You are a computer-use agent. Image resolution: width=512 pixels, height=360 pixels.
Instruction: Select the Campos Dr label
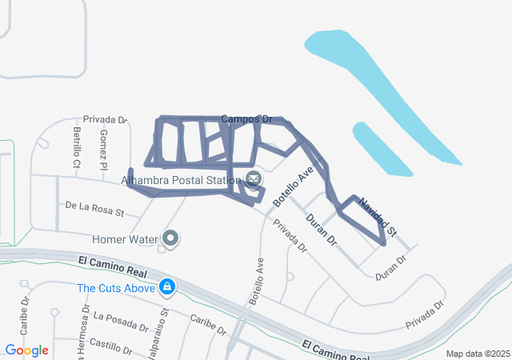(241, 118)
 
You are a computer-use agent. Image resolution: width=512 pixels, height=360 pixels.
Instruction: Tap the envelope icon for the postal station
(254, 178)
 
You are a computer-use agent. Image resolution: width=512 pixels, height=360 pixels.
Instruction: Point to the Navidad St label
(377, 217)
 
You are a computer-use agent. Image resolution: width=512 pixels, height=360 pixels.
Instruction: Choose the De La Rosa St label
(95, 209)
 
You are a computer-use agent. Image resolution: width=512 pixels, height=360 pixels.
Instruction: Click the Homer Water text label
(125, 238)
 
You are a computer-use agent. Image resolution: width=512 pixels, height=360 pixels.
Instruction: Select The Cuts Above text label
(115, 286)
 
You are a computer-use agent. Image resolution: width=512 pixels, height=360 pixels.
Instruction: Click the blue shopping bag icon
(166, 286)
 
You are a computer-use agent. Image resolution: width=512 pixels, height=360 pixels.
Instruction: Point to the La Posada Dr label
(121, 322)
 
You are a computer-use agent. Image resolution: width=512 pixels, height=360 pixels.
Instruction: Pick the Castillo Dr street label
(112, 346)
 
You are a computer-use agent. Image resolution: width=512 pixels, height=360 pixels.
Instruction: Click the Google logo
(26, 350)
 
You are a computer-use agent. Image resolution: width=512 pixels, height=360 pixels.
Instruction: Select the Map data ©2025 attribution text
(477, 354)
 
